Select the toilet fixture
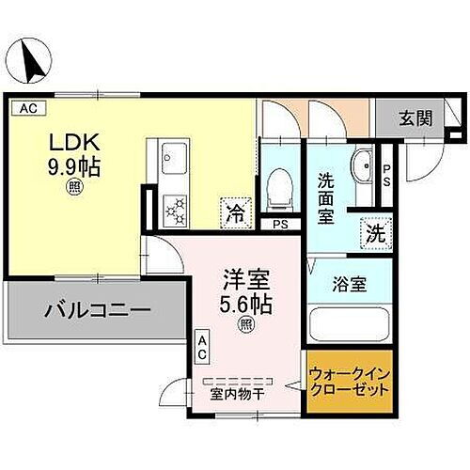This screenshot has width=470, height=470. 278,188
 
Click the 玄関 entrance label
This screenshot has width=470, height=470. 415,118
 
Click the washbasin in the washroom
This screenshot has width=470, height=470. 361,165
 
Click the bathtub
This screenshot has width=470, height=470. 350,326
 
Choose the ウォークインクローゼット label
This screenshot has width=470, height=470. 347,384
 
